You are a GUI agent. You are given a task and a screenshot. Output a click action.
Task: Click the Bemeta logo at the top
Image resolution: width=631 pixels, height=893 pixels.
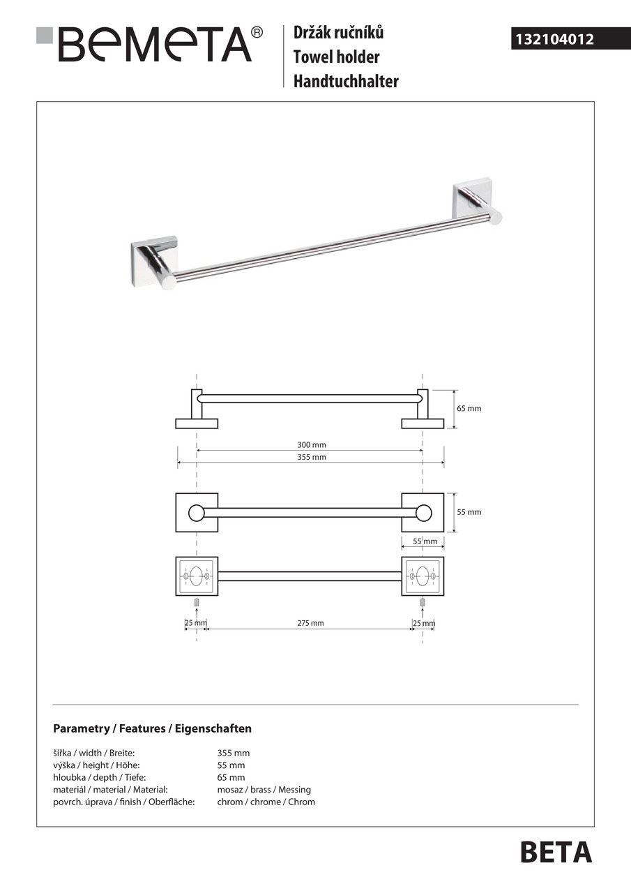coord(150,44)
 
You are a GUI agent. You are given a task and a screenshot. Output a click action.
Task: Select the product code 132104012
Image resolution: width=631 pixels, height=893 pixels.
coord(554,40)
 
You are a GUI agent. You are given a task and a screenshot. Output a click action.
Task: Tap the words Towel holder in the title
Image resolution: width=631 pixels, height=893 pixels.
coord(336,57)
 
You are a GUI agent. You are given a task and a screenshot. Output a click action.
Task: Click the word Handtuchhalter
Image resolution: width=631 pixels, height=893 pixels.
coord(346,81)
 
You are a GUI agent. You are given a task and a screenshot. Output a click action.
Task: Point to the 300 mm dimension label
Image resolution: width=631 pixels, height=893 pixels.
coord(311,444)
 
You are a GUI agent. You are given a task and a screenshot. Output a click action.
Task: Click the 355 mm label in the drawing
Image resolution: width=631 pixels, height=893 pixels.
coord(311,457)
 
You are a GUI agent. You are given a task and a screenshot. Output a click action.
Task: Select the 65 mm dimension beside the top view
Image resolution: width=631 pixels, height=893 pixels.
coord(469,408)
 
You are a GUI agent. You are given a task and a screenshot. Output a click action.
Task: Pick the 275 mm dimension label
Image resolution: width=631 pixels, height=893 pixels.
coord(311,623)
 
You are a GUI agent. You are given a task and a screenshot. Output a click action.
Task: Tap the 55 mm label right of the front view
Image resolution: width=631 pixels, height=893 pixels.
coord(469,512)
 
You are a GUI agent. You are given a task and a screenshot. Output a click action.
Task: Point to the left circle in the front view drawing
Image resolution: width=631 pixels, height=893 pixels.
coord(197,513)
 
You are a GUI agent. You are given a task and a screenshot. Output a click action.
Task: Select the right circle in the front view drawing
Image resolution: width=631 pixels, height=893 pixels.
coord(423,513)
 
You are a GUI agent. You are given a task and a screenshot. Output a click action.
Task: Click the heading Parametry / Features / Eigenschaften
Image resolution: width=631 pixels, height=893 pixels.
coord(152,728)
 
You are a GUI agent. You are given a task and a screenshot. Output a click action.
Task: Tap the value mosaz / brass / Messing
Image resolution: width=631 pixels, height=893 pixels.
coord(264,790)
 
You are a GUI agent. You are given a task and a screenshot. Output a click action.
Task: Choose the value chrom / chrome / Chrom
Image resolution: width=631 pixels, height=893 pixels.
coord(266,802)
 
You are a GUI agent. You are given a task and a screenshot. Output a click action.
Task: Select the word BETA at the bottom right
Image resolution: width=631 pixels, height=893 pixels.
coord(556,853)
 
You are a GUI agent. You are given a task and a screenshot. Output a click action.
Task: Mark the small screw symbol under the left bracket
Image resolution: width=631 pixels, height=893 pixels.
coord(197,602)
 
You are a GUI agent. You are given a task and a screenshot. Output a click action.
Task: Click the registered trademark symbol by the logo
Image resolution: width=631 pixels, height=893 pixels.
coord(257,32)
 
